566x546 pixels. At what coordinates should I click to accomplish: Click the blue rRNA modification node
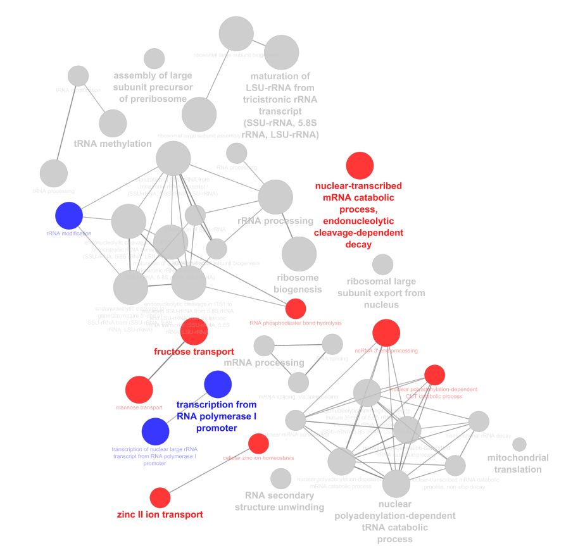[x=69, y=215]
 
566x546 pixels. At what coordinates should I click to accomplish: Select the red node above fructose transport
[x=194, y=331]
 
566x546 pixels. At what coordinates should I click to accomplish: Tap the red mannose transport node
[x=139, y=389]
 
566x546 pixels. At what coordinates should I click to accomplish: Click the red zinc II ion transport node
[x=160, y=498]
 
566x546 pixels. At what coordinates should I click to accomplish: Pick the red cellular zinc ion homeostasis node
[x=258, y=444]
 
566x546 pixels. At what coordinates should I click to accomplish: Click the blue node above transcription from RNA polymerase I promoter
[x=218, y=384]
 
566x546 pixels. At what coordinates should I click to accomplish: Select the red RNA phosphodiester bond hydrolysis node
[x=296, y=309]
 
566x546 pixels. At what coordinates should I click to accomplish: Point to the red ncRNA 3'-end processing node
[x=386, y=333]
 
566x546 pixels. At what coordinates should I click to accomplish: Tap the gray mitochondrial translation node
[x=519, y=445]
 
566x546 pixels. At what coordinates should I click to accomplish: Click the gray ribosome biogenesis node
[x=299, y=253]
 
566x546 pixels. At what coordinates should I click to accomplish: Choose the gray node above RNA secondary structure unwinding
[x=280, y=478]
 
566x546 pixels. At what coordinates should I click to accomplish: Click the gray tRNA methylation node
[x=113, y=123]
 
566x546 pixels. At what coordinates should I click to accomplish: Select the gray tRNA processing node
[x=54, y=173]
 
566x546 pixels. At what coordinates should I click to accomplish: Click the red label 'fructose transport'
[x=194, y=352]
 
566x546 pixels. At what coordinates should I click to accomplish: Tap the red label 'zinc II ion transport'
[x=160, y=514]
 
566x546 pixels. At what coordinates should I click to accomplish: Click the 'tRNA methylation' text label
[x=113, y=144]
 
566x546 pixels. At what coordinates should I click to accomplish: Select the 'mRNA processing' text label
[x=264, y=363]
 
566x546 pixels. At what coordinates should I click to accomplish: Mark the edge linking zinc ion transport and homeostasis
[x=209, y=471]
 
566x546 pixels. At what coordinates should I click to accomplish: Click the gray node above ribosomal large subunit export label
[x=382, y=264]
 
